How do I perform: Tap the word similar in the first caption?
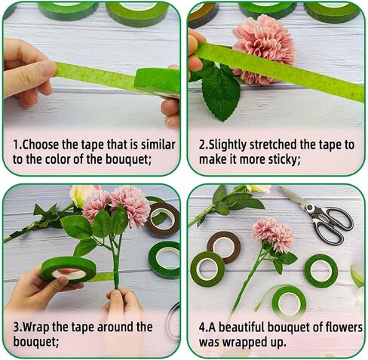(158, 145)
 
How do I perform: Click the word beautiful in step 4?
(241, 328)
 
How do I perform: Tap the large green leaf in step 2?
(221, 93)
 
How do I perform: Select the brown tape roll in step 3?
(162, 220)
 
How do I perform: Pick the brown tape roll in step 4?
(224, 247)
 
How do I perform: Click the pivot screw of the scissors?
(309, 208)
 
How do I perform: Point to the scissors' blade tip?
(280, 188)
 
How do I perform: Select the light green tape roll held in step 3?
(69, 269)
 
